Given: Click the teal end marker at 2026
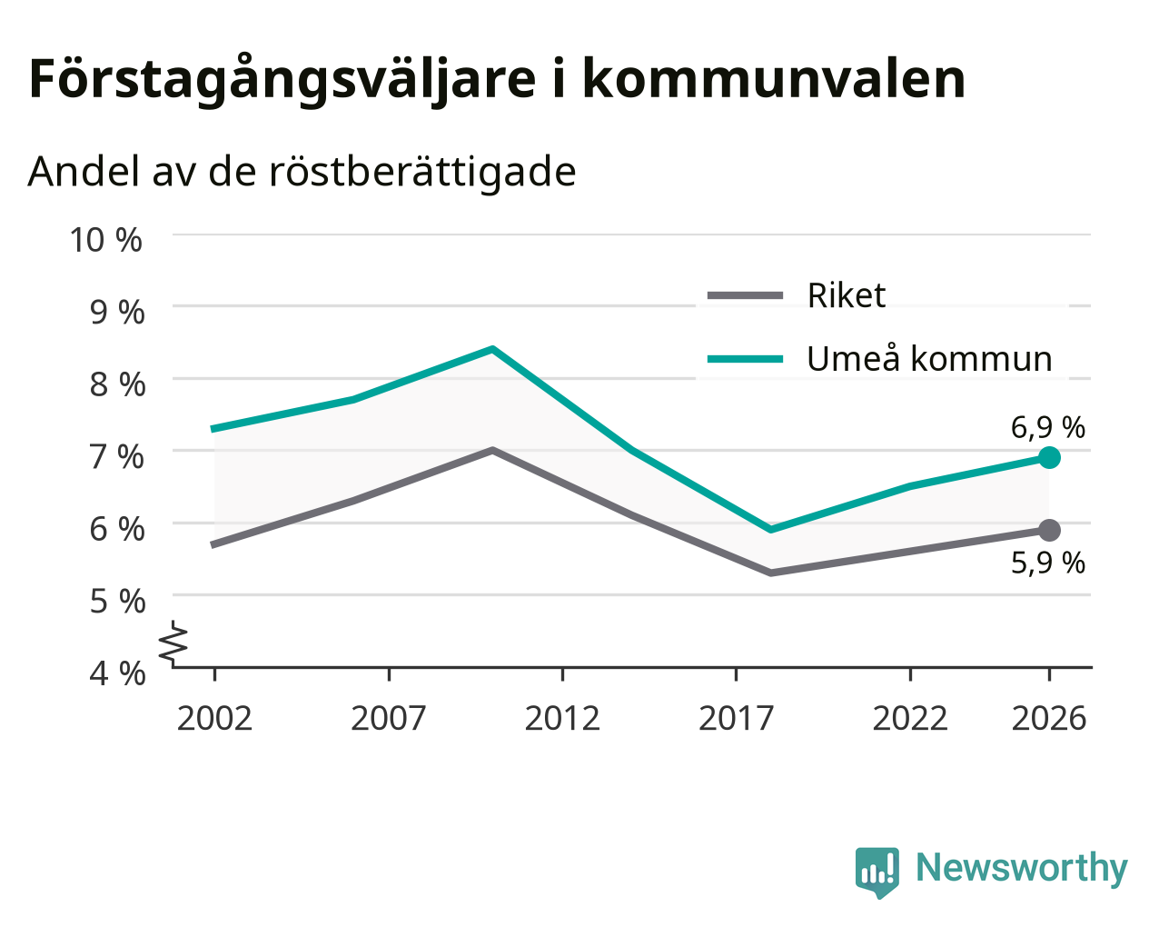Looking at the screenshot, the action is pyautogui.click(x=1049, y=457).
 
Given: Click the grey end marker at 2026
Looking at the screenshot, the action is pyautogui.click(x=1049, y=531).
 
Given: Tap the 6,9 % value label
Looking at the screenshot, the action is pyautogui.click(x=1047, y=428).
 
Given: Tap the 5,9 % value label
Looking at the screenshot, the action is pyautogui.click(x=1047, y=563).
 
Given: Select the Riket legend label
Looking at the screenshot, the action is pyautogui.click(x=847, y=295).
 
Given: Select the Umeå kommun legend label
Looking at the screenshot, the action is pyautogui.click(x=929, y=358).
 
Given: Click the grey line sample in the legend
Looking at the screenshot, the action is pyautogui.click(x=745, y=294).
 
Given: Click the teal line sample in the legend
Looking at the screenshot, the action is pyautogui.click(x=745, y=358).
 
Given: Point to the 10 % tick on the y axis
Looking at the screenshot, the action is pyautogui.click(x=106, y=240).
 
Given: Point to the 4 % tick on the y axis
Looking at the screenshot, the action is pyautogui.click(x=117, y=673).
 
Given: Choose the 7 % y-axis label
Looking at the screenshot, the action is pyautogui.click(x=117, y=457).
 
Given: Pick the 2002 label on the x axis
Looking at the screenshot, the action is pyautogui.click(x=214, y=718).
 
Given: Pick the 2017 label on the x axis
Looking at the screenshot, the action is pyautogui.click(x=737, y=718).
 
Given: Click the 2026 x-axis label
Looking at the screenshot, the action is pyautogui.click(x=1049, y=718).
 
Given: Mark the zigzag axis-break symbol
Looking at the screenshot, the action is pyautogui.click(x=173, y=643).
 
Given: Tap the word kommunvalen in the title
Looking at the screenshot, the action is pyautogui.click(x=774, y=79).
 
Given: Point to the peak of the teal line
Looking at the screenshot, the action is pyautogui.click(x=492, y=349).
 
